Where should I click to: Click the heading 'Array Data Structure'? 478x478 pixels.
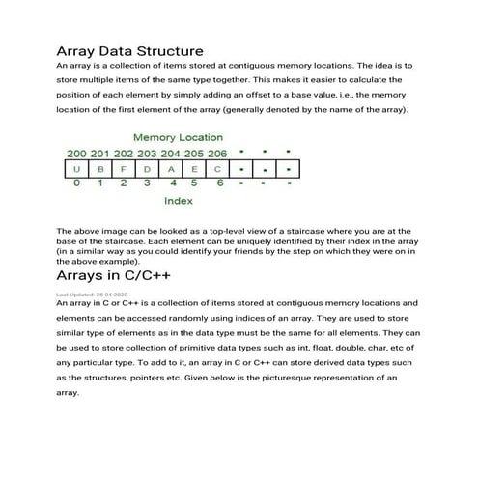coord(129,50)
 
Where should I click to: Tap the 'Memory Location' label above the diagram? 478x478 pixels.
coord(177,138)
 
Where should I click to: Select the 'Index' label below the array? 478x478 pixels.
coord(178,201)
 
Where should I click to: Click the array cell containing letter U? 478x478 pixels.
coord(75,169)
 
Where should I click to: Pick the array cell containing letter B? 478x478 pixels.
coord(99,169)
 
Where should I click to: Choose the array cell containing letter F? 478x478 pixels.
coord(123,169)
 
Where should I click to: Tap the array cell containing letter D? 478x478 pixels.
coord(147,169)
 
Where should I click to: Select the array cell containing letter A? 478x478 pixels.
coord(171,169)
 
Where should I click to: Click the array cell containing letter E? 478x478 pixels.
coord(194,169)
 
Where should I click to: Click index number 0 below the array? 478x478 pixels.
coord(75,183)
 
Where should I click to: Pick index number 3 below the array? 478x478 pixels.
coord(147,183)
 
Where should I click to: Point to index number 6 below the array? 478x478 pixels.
coord(219,183)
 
